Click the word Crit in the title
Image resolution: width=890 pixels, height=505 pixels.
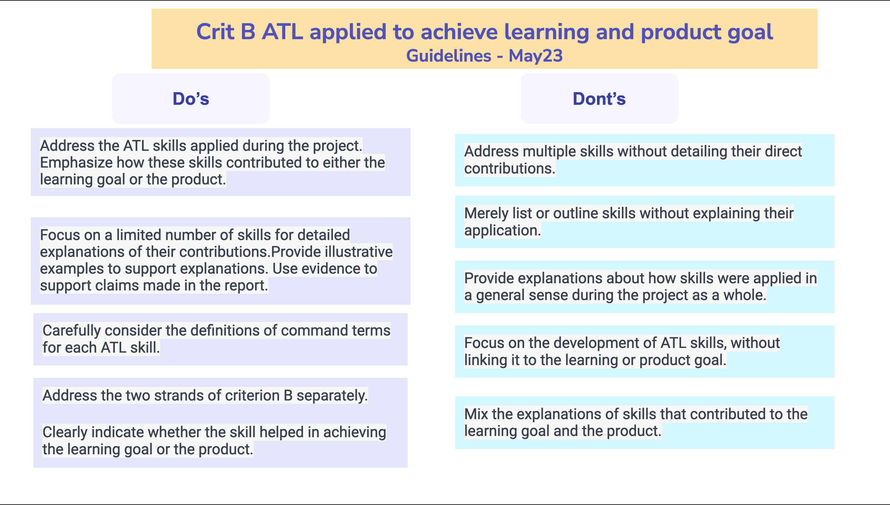click(215, 32)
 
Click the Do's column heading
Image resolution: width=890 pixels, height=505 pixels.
click(191, 99)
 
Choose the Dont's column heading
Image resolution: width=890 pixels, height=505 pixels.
click(599, 99)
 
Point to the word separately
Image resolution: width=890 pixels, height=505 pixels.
click(332, 396)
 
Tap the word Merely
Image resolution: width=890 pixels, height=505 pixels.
click(486, 213)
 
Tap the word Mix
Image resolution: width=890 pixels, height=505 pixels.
click(476, 414)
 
